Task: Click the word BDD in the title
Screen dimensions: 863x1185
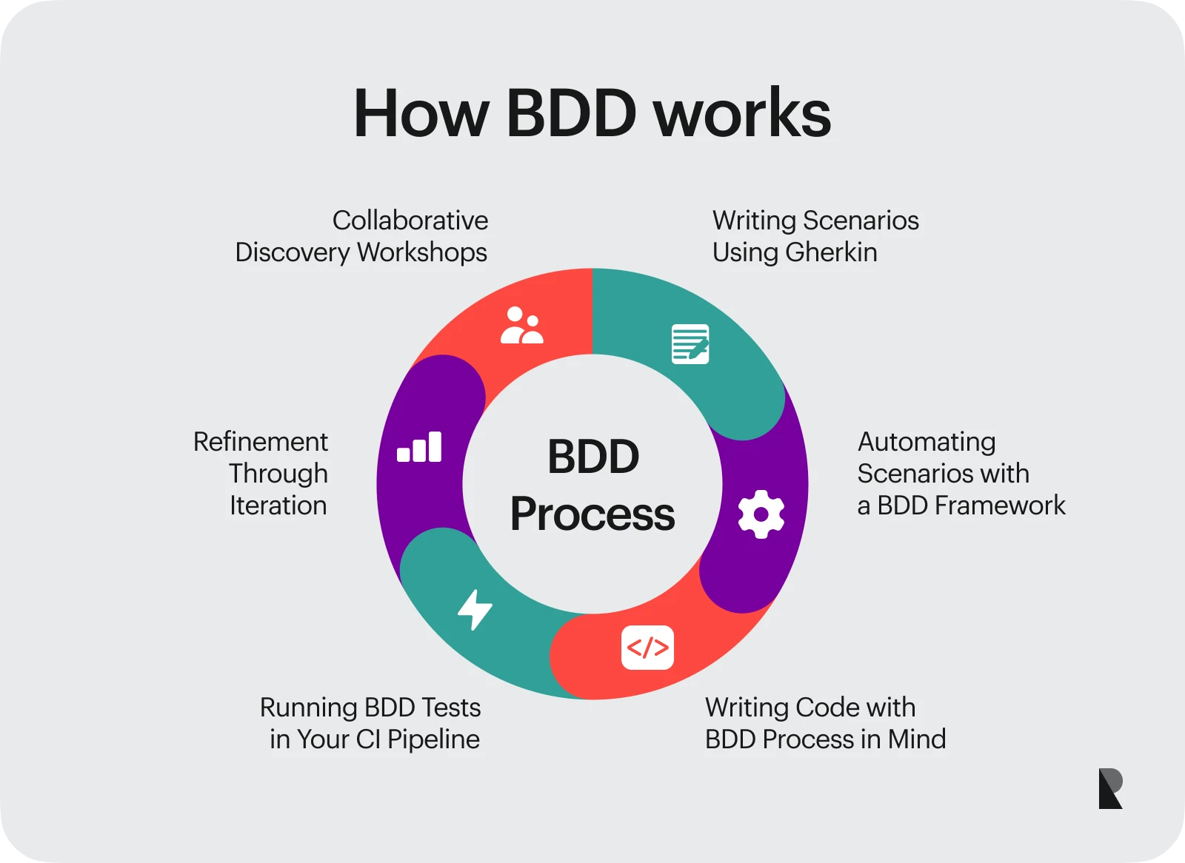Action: coord(571,114)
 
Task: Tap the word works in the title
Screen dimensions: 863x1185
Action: coord(743,114)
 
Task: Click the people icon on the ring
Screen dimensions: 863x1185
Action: coord(521,326)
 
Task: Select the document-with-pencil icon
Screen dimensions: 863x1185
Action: coord(690,343)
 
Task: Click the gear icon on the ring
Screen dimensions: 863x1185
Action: coord(761,514)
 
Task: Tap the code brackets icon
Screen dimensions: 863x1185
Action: coord(647,648)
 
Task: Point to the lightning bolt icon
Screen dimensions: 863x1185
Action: coord(475,609)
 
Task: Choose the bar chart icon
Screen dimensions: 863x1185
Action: coord(419,448)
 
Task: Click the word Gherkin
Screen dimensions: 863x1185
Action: coord(831,252)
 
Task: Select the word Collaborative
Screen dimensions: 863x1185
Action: coord(410,221)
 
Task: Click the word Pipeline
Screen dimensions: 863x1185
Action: coord(433,739)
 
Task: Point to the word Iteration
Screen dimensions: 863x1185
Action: coord(278,506)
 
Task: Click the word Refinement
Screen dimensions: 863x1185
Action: coord(261,442)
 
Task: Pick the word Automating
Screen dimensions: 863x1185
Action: coord(927,442)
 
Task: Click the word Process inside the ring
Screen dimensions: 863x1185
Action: coord(592,514)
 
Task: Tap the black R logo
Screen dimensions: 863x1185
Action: coord(1110,789)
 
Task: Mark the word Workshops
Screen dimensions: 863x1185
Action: coord(422,252)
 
